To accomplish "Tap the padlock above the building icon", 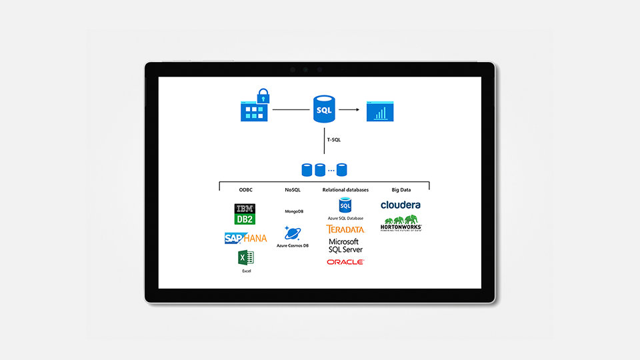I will pos(263,95).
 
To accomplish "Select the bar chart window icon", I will pos(380,111).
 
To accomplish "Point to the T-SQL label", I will pos(333,141).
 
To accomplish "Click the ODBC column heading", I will pos(245,190).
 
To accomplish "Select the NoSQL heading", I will pos(293,190).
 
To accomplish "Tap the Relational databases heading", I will pos(345,190).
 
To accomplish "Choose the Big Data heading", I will pos(401,190).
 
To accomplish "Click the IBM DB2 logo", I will pos(245,214).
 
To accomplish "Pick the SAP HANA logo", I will pos(245,238).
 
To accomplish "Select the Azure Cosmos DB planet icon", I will pos(292,233).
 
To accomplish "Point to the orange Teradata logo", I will pos(345,229).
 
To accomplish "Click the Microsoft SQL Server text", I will pos(345,245).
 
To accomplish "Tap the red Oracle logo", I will pos(345,262).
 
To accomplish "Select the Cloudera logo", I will pos(401,205).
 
